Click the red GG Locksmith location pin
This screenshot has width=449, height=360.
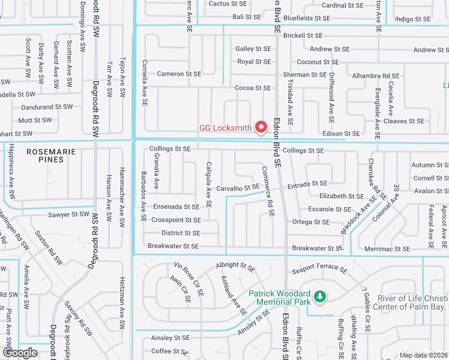(x=261, y=127)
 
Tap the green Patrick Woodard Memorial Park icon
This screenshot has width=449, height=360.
(x=321, y=296)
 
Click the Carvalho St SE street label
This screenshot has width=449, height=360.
(x=238, y=188)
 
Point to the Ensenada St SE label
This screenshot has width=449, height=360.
(x=176, y=206)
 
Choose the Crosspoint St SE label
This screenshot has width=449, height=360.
(x=176, y=220)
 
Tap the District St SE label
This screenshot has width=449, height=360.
(x=181, y=233)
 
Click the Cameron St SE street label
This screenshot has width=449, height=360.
(x=179, y=74)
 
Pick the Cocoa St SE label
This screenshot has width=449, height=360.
(x=253, y=88)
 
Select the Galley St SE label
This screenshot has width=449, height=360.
(x=253, y=49)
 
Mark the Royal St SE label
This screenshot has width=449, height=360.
(x=254, y=62)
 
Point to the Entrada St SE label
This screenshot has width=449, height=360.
(x=307, y=183)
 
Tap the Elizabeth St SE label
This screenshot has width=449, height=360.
(x=341, y=196)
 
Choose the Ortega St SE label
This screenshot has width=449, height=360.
(x=310, y=222)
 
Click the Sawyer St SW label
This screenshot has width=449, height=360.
(x=68, y=214)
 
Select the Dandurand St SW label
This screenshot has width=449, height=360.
(x=47, y=107)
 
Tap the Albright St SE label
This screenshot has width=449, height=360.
(x=236, y=265)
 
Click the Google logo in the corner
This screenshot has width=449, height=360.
(x=20, y=353)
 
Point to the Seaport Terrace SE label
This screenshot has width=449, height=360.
(x=319, y=271)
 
